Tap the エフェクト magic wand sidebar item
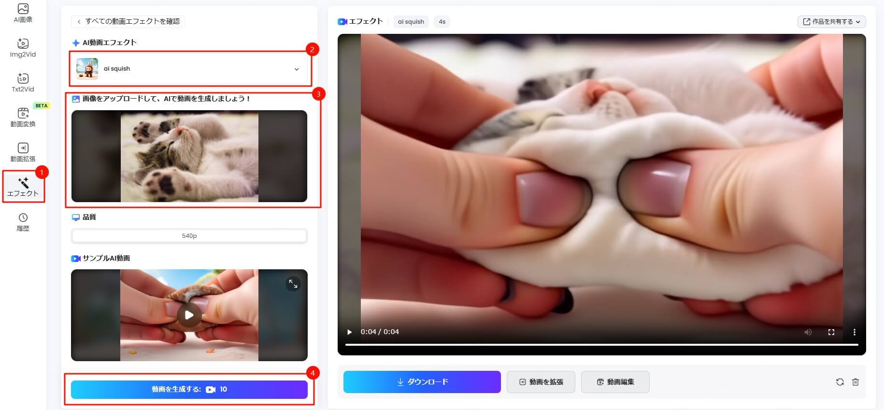coord(23,186)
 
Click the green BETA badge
coord(42,105)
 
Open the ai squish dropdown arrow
coord(297,69)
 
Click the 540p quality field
coord(189,236)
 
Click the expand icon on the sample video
coord(293,284)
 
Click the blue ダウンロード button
coord(422,382)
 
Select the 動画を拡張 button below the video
coord(541,382)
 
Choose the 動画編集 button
coord(615,382)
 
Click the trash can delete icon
coord(855,382)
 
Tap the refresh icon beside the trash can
coord(840,382)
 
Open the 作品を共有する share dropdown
coord(831,22)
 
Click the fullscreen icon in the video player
coord(831,332)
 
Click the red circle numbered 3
coord(318,94)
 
